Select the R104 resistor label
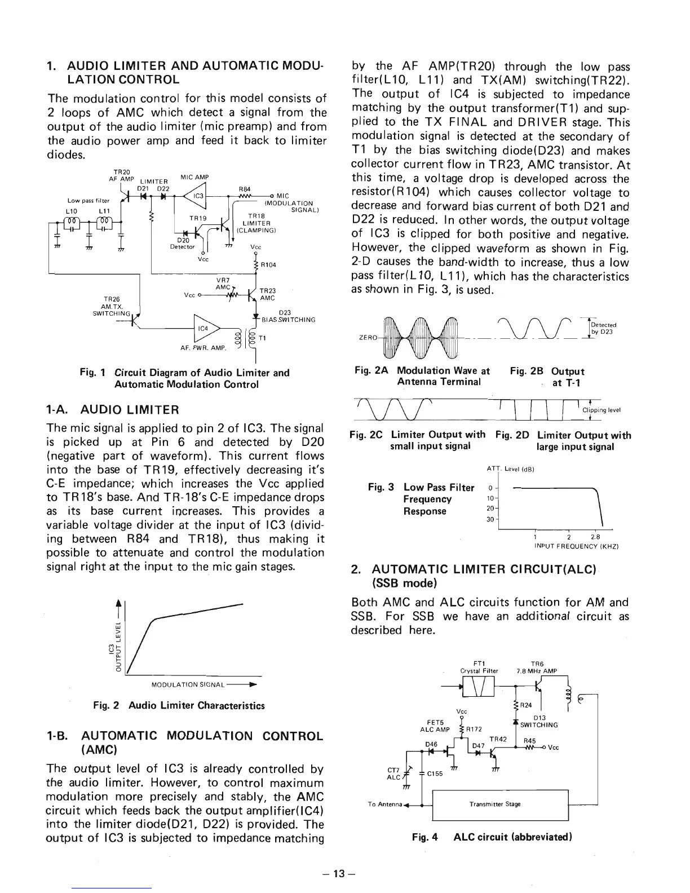pos(267,263)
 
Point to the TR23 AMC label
pos(267,294)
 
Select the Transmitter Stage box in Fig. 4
pos(499,804)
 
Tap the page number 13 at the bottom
pos(338,873)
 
